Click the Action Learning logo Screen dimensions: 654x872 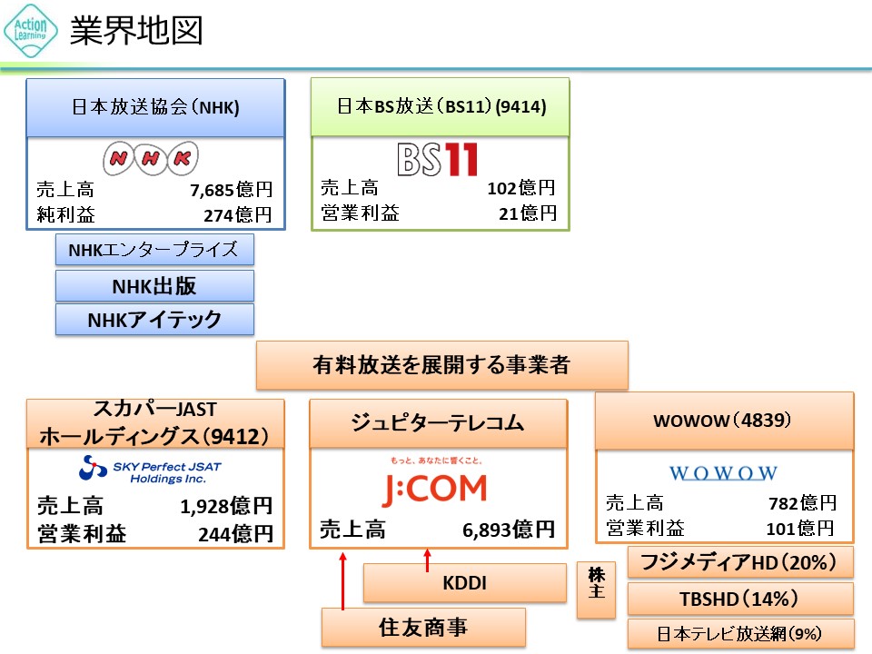click(x=31, y=30)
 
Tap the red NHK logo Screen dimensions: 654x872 click(x=150, y=158)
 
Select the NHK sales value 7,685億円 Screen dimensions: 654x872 click(x=231, y=191)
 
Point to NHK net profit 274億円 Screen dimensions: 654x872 click(x=237, y=215)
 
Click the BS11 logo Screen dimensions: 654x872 click(x=438, y=158)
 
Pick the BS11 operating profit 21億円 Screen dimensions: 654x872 click(x=529, y=213)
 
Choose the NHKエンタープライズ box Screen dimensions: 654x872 click(x=154, y=249)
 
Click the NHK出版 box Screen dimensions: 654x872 click(x=154, y=285)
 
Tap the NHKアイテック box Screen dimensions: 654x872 click(x=154, y=320)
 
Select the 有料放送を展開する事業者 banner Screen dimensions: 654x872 click(x=441, y=365)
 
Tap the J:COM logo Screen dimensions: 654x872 click(x=433, y=489)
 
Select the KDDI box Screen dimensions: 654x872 click(x=464, y=583)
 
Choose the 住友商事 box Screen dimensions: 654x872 click(x=423, y=627)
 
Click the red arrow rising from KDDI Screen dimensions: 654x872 click(x=426, y=560)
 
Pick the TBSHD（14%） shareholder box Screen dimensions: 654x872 click(x=739, y=599)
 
